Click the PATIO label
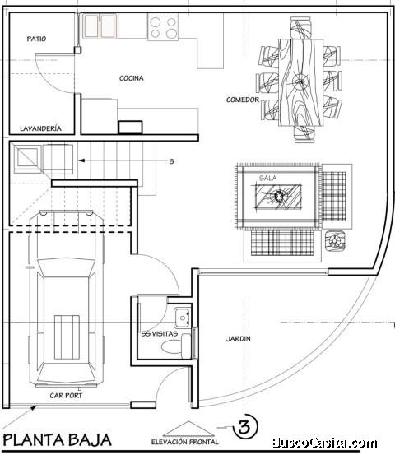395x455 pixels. click(x=35, y=39)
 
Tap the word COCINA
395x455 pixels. click(x=132, y=79)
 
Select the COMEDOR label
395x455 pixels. click(x=243, y=100)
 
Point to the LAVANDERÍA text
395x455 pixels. click(x=40, y=128)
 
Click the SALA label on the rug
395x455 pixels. click(x=267, y=178)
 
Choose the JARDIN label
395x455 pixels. click(x=239, y=338)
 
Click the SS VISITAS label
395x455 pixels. click(x=158, y=334)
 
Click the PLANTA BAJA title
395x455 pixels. click(x=57, y=439)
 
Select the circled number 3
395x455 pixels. click(x=244, y=428)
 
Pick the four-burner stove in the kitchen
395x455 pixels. click(x=163, y=27)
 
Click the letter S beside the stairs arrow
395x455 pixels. click(x=171, y=161)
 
